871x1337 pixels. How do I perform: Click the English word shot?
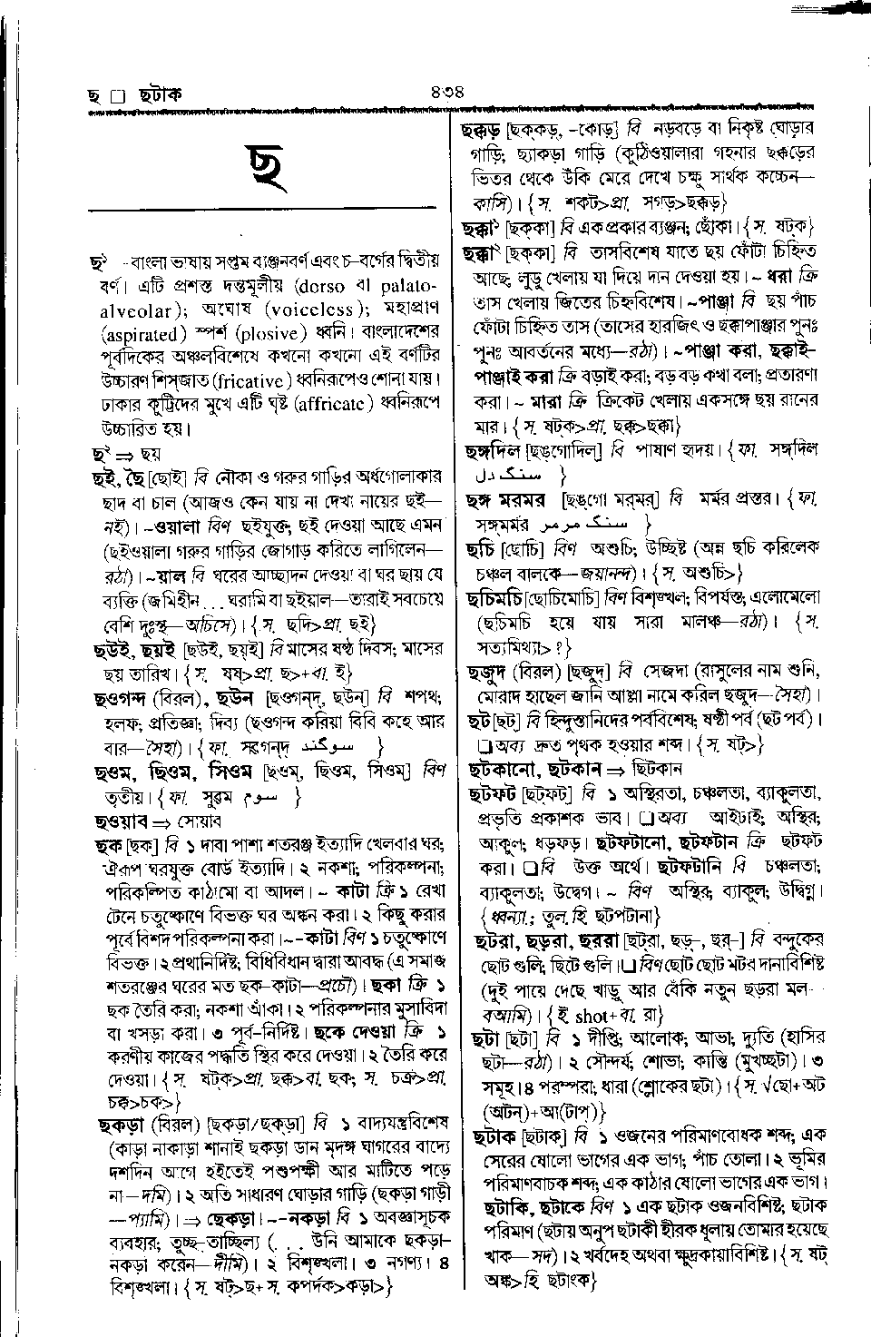pos(592,1016)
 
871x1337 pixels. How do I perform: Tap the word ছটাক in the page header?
pos(160,94)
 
